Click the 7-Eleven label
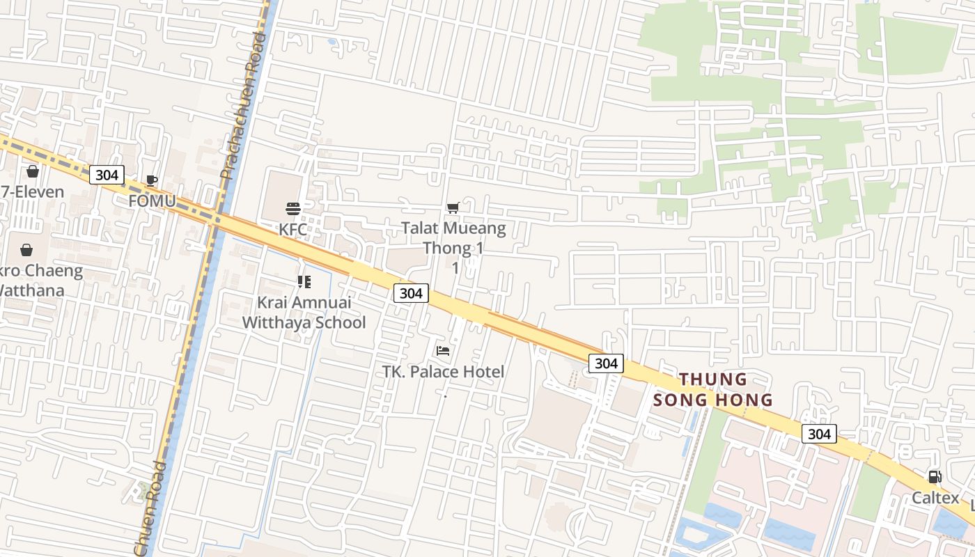point(33,191)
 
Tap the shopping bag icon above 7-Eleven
point(33,171)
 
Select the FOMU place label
point(152,201)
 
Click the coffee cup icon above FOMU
point(152,181)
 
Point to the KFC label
point(293,229)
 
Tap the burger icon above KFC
point(293,209)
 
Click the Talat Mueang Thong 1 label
point(453,237)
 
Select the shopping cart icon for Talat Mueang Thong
point(453,207)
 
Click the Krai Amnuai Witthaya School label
point(304,312)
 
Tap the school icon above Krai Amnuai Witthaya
point(304,282)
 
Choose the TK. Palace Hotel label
point(443,371)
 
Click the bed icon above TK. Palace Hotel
point(443,351)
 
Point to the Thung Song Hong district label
point(713,389)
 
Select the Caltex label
point(935,498)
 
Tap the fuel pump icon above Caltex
point(935,477)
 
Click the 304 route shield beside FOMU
point(107,175)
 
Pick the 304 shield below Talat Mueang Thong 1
point(411,293)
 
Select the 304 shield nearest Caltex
point(819,434)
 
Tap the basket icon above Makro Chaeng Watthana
point(26,250)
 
